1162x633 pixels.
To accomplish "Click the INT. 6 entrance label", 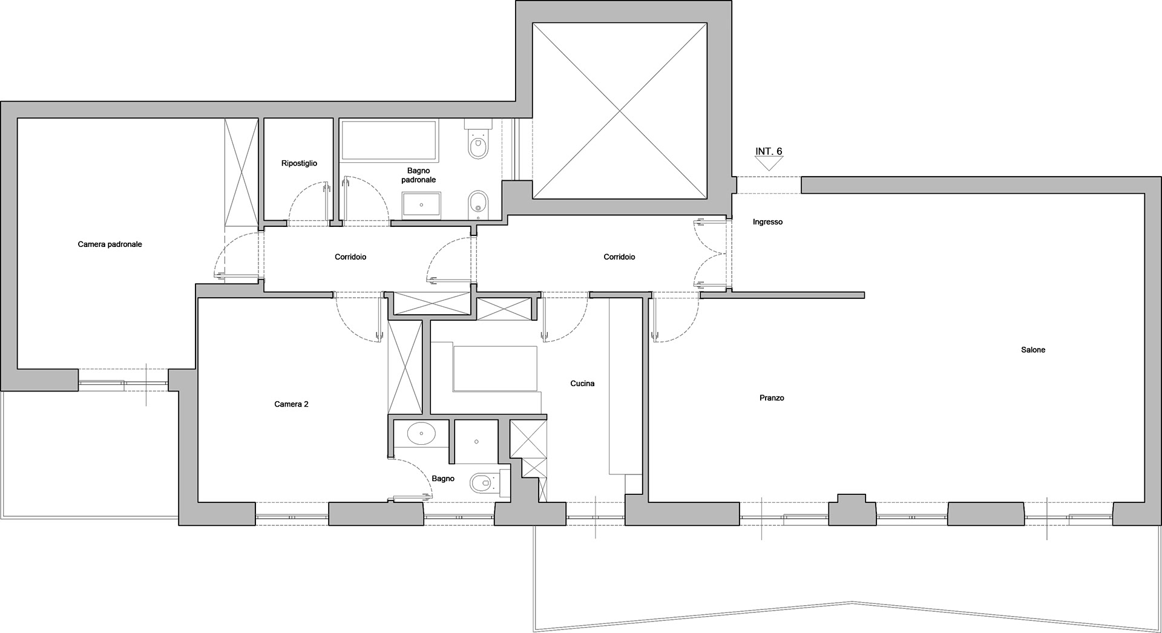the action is pyautogui.click(x=769, y=151).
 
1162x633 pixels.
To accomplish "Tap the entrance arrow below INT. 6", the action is pyautogui.click(x=769, y=164).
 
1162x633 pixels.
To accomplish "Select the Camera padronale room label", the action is pyautogui.click(x=110, y=244).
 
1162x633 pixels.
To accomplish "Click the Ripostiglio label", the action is pyautogui.click(x=299, y=163).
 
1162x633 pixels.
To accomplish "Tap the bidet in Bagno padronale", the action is pyautogui.click(x=478, y=203).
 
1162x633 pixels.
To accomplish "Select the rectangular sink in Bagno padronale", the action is pyautogui.click(x=421, y=204).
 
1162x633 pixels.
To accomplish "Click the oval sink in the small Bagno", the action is pyautogui.click(x=421, y=433).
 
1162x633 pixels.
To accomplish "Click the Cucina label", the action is pyautogui.click(x=582, y=383).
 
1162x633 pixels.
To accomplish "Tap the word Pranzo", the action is pyautogui.click(x=772, y=398).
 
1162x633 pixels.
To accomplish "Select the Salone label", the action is pyautogui.click(x=1033, y=350).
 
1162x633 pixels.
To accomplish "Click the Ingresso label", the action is pyautogui.click(x=767, y=222).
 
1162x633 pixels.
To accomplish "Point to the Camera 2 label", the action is pyautogui.click(x=291, y=404).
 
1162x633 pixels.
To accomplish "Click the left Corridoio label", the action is pyautogui.click(x=350, y=257).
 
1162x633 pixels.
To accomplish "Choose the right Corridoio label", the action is pyautogui.click(x=619, y=257).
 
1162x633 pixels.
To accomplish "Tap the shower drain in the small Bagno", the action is pyautogui.click(x=477, y=442).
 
